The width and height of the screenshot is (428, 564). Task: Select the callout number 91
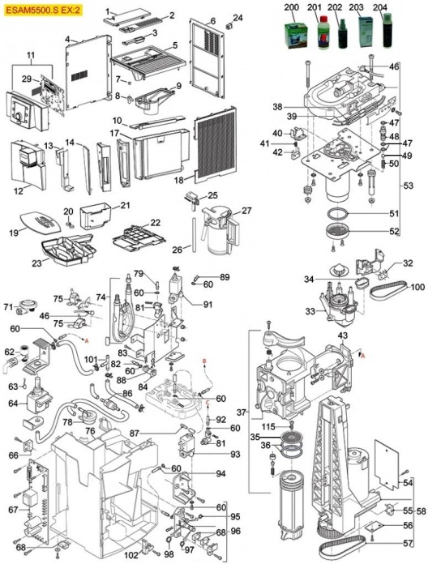coord(207,305)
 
